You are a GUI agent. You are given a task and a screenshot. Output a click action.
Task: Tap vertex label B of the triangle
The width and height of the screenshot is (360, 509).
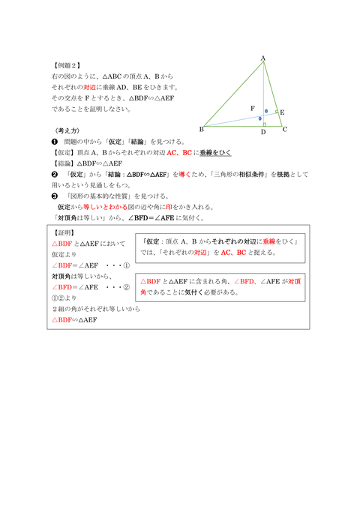click(202, 128)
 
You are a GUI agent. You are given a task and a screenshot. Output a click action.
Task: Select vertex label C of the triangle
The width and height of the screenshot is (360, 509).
click(285, 129)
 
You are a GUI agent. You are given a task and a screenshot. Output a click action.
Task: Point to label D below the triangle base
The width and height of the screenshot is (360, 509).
click(263, 133)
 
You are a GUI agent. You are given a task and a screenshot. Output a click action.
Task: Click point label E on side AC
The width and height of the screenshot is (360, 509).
click(282, 112)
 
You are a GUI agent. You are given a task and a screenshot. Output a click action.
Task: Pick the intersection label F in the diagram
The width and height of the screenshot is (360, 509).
click(252, 109)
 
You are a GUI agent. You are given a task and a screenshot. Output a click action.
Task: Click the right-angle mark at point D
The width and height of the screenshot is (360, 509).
click(265, 124)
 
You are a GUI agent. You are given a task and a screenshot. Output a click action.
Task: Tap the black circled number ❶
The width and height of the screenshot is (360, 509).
click(55, 141)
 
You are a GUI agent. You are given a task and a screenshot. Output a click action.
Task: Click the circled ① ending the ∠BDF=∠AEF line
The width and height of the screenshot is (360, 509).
click(126, 265)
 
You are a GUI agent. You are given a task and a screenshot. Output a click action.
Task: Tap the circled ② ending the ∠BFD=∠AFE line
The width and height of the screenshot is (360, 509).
click(126, 286)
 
